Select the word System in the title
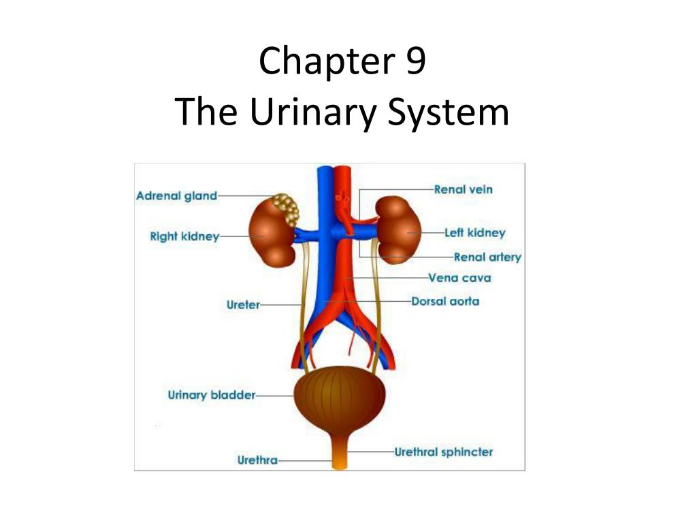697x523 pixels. (x=448, y=112)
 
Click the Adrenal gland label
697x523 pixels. (x=176, y=196)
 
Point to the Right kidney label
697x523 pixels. (x=184, y=237)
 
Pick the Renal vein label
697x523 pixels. (x=463, y=189)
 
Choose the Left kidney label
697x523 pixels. (x=474, y=233)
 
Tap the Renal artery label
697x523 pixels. (x=487, y=257)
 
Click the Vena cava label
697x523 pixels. (x=459, y=278)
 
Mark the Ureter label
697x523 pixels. (x=243, y=305)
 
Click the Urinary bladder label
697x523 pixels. (x=211, y=395)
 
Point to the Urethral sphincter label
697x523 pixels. (x=444, y=451)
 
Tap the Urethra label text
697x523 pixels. (x=257, y=460)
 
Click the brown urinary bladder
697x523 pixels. (x=339, y=398)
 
